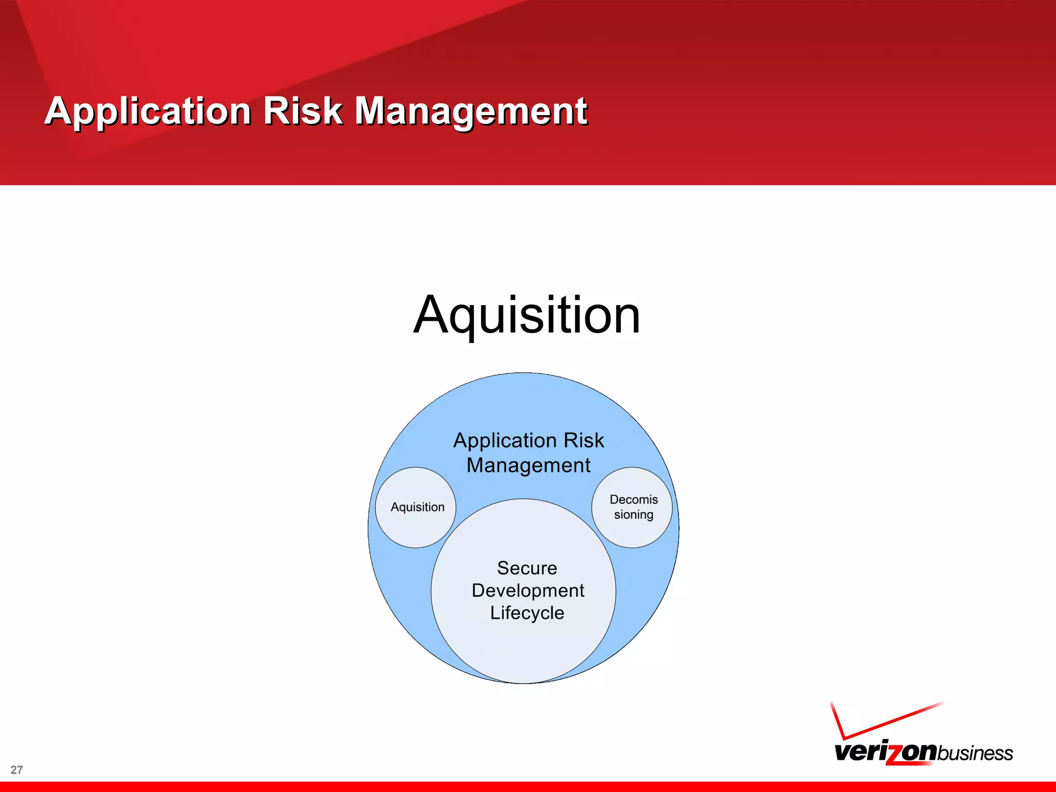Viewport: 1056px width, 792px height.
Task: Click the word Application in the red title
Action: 148,111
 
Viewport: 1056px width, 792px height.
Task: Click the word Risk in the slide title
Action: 303,111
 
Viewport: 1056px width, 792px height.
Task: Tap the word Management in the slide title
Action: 471,111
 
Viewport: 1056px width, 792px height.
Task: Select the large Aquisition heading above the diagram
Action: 526,315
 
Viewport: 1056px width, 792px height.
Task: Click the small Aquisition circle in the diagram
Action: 416,508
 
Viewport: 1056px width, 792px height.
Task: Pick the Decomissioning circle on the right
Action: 632,508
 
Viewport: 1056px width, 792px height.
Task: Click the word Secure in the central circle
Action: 527,568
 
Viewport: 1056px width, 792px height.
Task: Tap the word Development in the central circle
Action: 527,590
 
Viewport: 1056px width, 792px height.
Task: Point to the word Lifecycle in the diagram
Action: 527,613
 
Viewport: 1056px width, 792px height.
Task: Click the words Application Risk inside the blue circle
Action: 529,440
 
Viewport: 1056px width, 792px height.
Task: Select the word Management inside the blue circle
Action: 528,465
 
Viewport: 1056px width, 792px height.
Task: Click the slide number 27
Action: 16,770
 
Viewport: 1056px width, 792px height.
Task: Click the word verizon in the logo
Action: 884,752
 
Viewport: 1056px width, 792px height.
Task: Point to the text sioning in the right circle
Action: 633,515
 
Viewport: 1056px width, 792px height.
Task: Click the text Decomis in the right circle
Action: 633,499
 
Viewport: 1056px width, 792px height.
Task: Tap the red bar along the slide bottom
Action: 528,787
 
